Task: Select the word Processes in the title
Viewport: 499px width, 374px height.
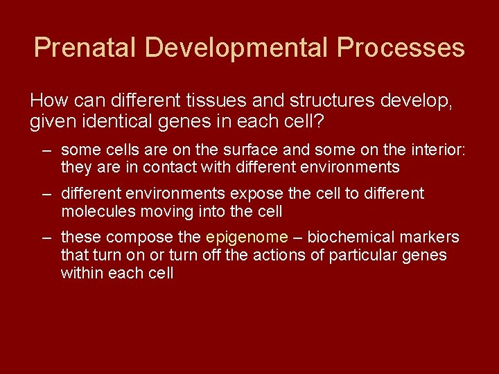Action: pos(401,48)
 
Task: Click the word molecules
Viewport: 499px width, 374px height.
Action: pos(96,211)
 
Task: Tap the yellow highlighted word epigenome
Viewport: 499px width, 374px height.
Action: pos(247,238)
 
